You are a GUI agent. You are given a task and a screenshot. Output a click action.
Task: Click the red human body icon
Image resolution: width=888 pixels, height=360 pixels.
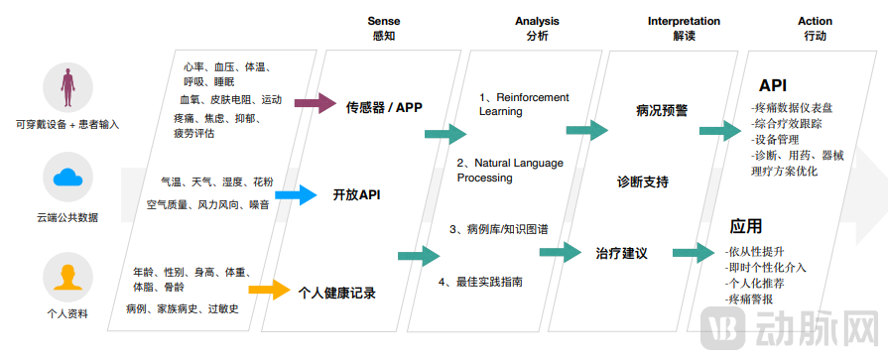point(67,88)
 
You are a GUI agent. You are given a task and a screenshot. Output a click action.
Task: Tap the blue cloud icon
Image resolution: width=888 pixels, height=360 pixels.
point(67,180)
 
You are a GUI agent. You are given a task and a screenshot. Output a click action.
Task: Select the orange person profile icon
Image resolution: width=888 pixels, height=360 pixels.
point(67,277)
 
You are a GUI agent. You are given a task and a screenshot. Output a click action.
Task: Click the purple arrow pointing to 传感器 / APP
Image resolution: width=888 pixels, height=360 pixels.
point(315,103)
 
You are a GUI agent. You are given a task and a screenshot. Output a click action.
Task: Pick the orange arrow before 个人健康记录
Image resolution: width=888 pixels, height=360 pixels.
point(267,291)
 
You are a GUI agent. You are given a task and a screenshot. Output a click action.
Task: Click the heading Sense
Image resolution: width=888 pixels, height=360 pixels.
point(384,21)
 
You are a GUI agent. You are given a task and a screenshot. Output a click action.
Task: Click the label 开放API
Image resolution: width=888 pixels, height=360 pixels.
point(356,194)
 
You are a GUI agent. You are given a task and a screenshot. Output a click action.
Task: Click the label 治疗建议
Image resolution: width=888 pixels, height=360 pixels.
point(621,254)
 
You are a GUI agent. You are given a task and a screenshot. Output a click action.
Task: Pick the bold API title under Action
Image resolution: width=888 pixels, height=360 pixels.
point(773,85)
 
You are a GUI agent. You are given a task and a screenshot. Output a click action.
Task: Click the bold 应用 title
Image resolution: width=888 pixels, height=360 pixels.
point(746,226)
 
